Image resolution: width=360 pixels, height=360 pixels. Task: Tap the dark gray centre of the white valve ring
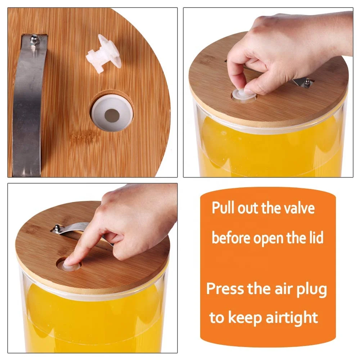click(x=112, y=115)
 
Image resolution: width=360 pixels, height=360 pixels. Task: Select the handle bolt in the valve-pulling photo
click(x=307, y=82)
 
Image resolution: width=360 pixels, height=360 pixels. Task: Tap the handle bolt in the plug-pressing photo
click(x=57, y=228)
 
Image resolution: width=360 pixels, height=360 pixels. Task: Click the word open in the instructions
click(x=270, y=239)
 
